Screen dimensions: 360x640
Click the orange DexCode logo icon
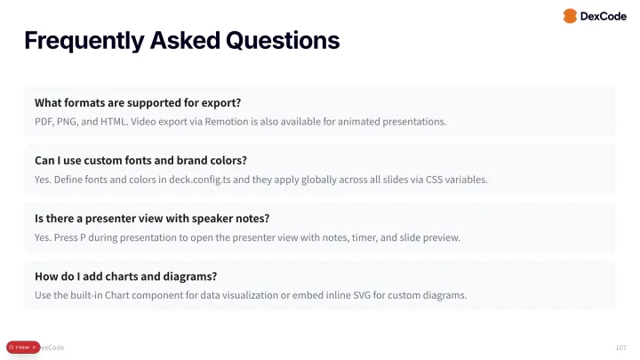(x=571, y=16)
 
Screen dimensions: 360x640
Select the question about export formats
(x=138, y=102)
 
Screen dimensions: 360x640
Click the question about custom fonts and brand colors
(x=140, y=160)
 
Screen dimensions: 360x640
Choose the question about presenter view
(x=152, y=218)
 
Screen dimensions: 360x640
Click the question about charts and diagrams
(x=126, y=276)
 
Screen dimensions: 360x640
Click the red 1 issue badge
(x=20, y=347)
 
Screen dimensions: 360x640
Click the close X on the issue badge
(x=34, y=347)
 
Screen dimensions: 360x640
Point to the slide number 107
(x=620, y=347)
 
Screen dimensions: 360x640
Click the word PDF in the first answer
(x=44, y=121)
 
